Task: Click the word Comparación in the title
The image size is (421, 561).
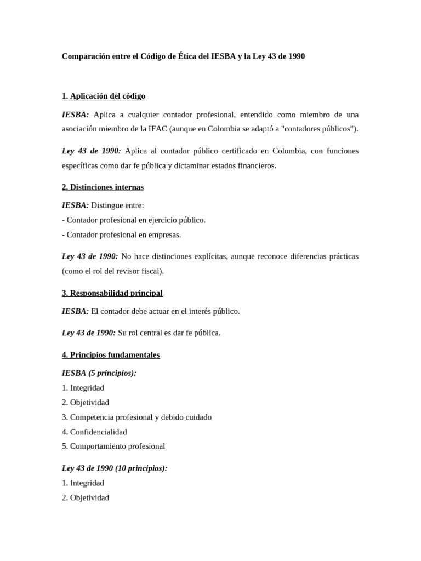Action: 87,56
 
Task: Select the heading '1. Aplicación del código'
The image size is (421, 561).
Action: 104,96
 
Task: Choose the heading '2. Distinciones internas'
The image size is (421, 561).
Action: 103,187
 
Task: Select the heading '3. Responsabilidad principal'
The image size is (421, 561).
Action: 112,293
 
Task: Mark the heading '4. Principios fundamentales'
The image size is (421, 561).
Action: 111,355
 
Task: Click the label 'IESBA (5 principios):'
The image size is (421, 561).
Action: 99,373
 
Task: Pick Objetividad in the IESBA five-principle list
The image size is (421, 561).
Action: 89,403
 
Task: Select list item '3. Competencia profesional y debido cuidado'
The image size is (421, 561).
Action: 136,417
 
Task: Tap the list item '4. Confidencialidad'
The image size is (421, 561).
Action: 94,432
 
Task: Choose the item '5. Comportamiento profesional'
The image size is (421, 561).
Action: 113,446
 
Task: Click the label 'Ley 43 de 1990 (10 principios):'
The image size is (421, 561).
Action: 115,468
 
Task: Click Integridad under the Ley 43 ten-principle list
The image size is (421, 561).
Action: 87,483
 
